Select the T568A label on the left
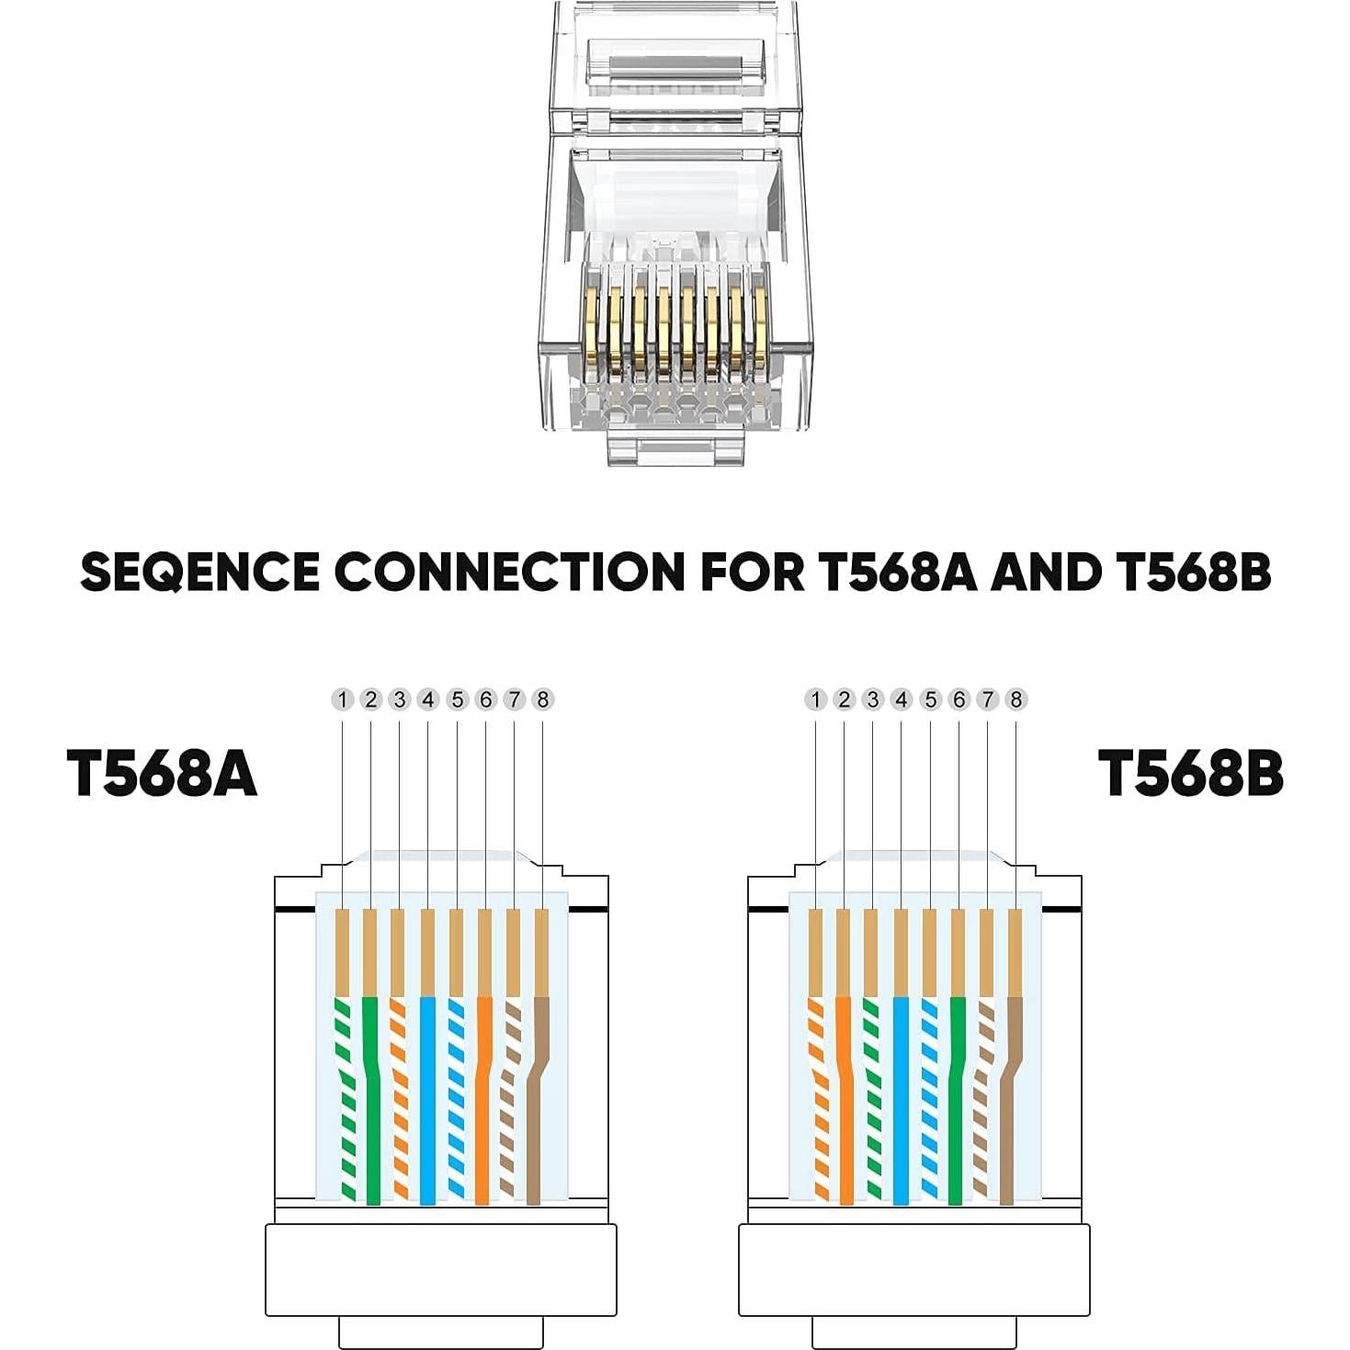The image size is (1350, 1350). click(x=162, y=773)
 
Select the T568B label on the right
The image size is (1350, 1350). click(x=1190, y=773)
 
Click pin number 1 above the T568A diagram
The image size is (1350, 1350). click(x=342, y=700)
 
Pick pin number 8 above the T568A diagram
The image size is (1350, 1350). click(x=542, y=700)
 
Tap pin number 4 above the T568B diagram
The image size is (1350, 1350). click(x=902, y=700)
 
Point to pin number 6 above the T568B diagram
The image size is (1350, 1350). click(x=959, y=700)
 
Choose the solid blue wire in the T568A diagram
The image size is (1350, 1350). click(x=427, y=1103)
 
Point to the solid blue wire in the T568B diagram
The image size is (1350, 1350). click(x=901, y=1103)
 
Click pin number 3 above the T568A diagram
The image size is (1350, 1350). click(x=399, y=700)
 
